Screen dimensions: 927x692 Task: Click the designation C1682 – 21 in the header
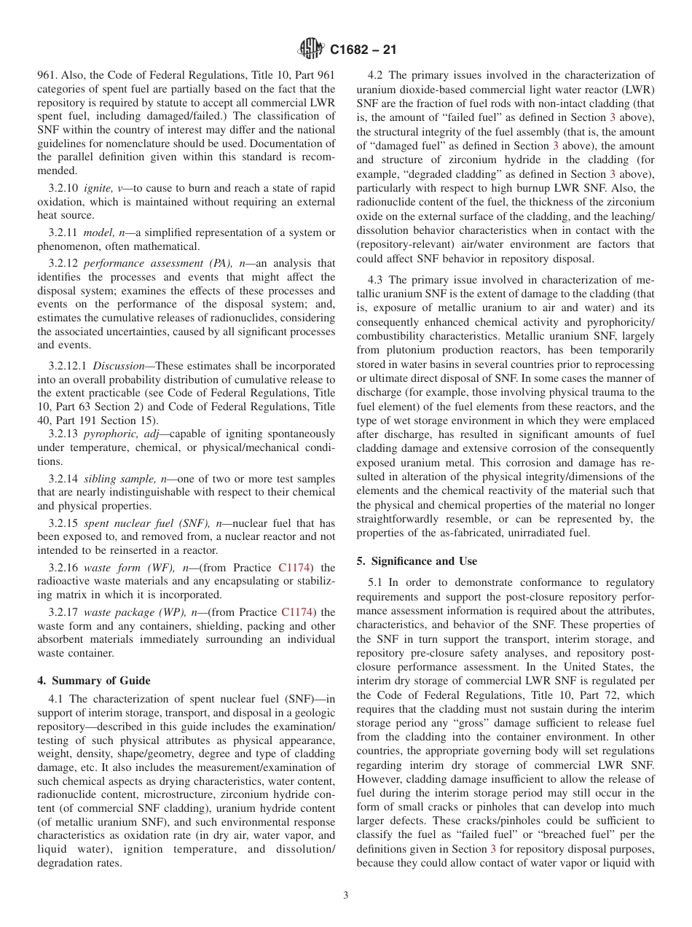[x=363, y=50]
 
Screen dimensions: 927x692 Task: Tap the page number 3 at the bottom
[x=346, y=896]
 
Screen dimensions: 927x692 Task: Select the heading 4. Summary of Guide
[x=94, y=681]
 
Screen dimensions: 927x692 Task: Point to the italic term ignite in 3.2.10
[x=97, y=188]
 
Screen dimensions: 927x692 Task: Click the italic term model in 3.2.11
[x=98, y=232]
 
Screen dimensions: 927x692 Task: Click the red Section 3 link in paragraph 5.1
[x=493, y=849]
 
